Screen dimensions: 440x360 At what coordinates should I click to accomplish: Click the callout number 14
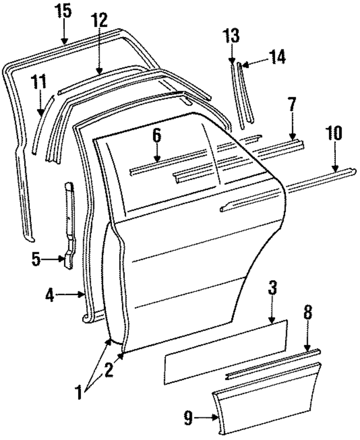click(277, 56)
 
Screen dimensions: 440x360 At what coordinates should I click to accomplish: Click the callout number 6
click(156, 136)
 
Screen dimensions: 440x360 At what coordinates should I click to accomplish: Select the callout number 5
click(35, 260)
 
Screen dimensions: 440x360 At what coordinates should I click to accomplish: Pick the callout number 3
click(272, 289)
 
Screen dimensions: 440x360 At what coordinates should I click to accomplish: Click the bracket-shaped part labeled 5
click(69, 225)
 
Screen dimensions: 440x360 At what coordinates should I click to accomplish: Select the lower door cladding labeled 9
click(264, 405)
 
